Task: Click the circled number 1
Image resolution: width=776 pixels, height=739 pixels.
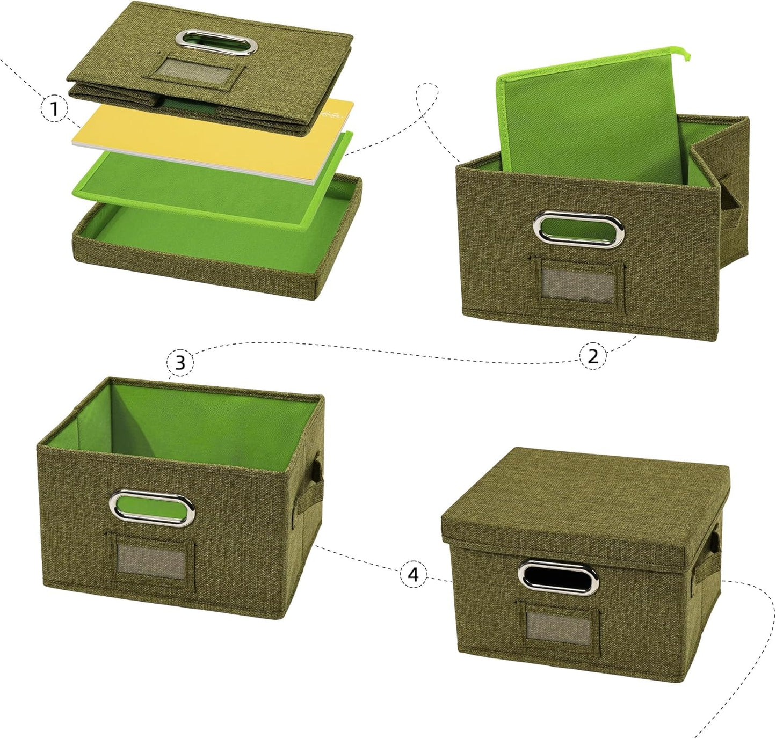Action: point(54,109)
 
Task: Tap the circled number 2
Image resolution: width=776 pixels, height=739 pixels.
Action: point(593,356)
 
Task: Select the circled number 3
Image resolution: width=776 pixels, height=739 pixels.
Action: point(180,363)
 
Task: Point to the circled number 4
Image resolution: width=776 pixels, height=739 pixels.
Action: point(413,574)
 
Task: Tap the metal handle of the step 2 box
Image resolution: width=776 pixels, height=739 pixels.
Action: point(579,231)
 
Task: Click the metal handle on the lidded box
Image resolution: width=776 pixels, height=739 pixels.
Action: point(558,577)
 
